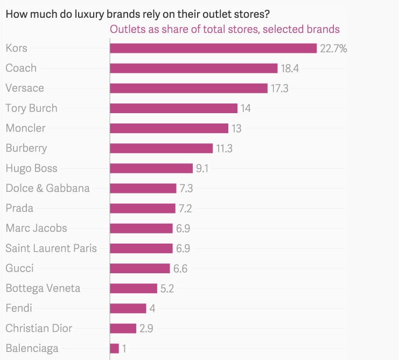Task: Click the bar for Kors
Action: point(213,49)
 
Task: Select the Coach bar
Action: point(193,68)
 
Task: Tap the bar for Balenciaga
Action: point(114,348)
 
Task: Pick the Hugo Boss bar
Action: point(151,168)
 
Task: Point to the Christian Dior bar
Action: point(123,328)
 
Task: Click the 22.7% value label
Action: point(333,49)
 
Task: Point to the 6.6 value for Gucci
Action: point(180,268)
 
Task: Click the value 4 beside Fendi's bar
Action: point(152,308)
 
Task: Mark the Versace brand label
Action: point(25,88)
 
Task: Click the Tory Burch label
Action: point(31,108)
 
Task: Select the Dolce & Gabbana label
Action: point(47,188)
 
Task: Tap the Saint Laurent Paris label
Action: point(51,248)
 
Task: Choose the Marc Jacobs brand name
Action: point(36,228)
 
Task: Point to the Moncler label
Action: point(25,128)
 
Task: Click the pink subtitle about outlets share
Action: point(225,29)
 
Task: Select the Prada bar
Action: point(143,208)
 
